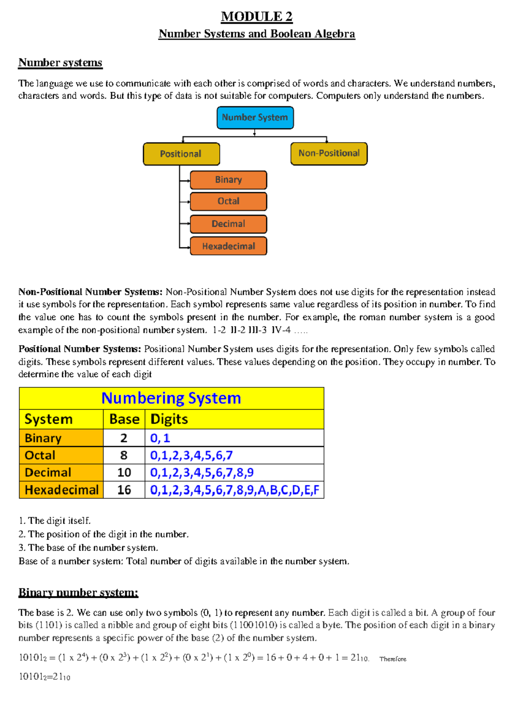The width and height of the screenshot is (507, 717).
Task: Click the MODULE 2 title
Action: [256, 16]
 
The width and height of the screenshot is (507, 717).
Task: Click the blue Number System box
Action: [255, 118]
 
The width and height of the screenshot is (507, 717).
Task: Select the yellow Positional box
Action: [181, 154]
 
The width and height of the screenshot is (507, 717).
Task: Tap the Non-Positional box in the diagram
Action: [329, 153]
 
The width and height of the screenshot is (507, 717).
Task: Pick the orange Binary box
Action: [228, 180]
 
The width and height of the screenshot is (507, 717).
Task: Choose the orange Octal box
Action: [228, 201]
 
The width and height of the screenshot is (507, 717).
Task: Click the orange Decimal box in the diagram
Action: [228, 224]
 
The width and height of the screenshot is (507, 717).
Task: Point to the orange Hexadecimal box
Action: [228, 246]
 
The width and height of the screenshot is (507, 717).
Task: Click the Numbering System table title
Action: [171, 398]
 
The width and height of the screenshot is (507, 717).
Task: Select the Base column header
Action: [124, 419]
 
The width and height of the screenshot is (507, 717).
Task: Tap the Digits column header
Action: [169, 419]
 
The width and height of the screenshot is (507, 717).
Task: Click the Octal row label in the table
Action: [40, 455]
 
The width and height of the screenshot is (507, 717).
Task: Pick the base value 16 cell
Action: [124, 490]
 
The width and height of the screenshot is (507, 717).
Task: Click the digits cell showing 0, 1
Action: [160, 438]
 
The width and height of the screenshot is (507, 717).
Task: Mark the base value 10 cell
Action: [124, 473]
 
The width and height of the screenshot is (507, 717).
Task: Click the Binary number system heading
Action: [78, 592]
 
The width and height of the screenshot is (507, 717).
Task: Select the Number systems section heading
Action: [60, 63]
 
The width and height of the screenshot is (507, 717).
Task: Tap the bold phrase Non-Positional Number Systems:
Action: [90, 292]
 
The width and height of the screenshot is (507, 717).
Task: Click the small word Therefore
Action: [393, 659]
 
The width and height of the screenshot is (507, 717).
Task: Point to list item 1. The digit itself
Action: [55, 520]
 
